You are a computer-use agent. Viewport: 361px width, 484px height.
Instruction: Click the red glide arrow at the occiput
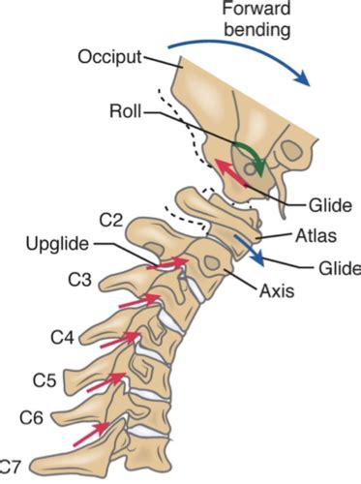click(228, 173)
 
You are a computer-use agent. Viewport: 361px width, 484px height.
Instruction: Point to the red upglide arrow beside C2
click(168, 261)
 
